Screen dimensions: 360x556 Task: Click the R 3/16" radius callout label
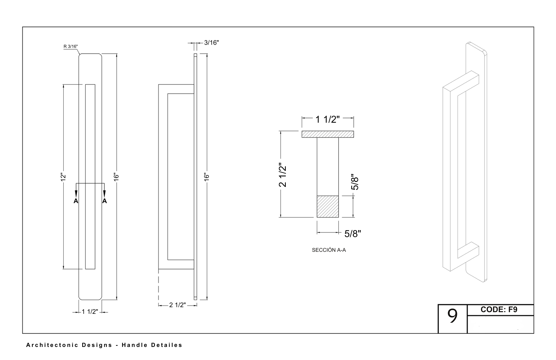[x=71, y=46]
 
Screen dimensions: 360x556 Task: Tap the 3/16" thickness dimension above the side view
[x=211, y=43]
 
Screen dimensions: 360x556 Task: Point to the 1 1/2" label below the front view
[x=90, y=312]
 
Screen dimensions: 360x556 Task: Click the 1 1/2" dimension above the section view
[x=327, y=119]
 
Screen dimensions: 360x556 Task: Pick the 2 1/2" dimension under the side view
[x=177, y=305]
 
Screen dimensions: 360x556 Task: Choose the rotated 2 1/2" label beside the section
[x=283, y=175]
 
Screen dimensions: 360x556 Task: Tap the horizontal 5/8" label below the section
[x=353, y=234]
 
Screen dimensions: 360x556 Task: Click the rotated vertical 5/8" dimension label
[x=355, y=182]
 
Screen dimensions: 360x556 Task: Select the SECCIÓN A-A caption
[x=329, y=250]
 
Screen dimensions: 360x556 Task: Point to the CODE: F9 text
[x=499, y=310]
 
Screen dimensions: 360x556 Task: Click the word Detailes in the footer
[x=167, y=345]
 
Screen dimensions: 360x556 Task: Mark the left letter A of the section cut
[x=76, y=201]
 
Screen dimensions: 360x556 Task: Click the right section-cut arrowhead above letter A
[x=104, y=194]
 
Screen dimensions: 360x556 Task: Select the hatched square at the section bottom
[x=327, y=206]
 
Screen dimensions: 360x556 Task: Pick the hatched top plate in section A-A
[x=327, y=134]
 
